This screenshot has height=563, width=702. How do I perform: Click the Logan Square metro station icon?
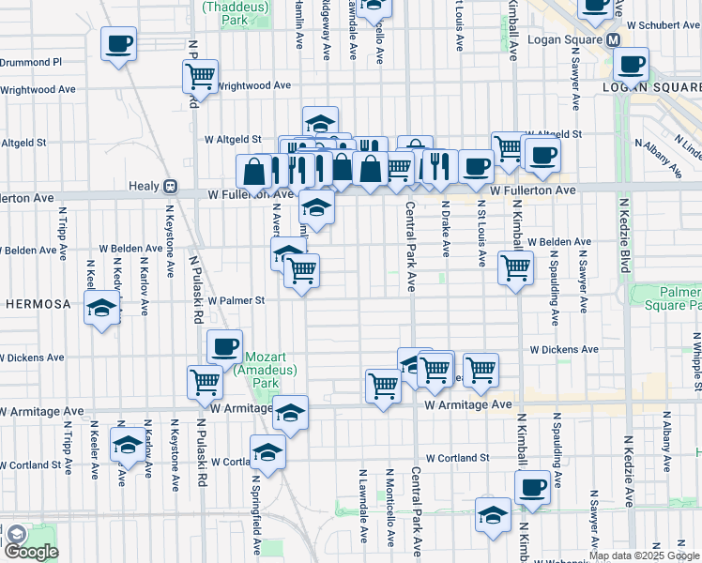pos(613,40)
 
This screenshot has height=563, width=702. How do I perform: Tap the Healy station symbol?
pos(170,186)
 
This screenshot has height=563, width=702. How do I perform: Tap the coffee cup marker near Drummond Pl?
pos(118,44)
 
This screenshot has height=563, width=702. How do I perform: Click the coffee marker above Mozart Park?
pos(224,348)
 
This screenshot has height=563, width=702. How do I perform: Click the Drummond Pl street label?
pos(31,62)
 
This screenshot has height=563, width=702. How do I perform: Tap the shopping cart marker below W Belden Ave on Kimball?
pos(515,268)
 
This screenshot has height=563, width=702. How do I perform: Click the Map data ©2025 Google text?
pos(644,555)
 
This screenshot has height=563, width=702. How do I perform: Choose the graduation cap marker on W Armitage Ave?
pos(291,413)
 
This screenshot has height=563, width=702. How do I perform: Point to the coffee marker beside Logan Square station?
pos(632,65)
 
